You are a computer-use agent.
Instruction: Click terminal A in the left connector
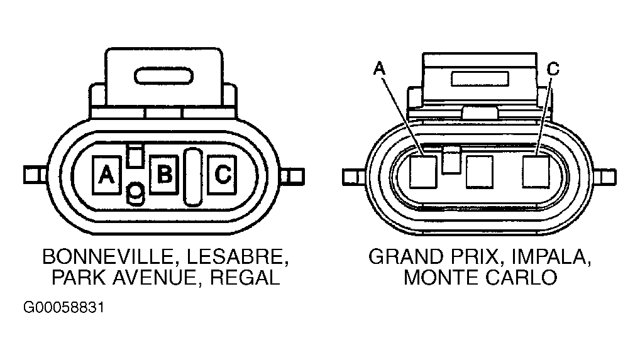coord(106,175)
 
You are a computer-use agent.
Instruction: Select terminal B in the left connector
coord(164,175)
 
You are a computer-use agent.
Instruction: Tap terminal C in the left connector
coord(222,175)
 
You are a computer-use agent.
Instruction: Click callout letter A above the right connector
coord(379,68)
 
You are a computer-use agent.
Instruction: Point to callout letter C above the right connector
coord(553,69)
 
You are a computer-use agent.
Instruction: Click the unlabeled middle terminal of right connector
coord(480,172)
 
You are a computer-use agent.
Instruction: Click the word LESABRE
coord(238,257)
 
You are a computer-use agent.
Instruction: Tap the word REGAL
coord(245,278)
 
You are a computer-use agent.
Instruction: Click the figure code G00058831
coord(63,307)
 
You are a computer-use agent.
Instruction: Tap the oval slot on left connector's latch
coord(163,76)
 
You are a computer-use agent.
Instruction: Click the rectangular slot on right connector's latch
coord(480,79)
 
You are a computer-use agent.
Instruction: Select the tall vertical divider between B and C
coord(192,177)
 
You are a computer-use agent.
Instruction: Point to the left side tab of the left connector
coord(35,175)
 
